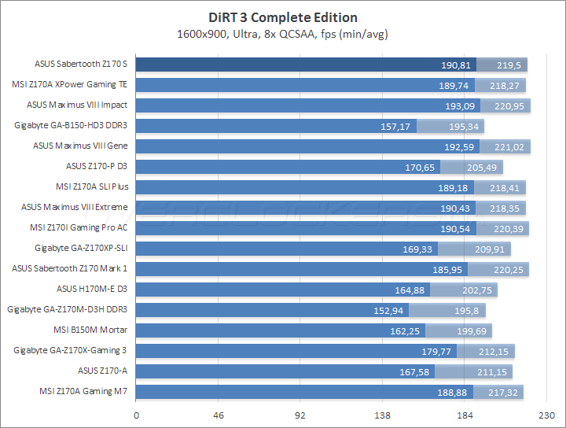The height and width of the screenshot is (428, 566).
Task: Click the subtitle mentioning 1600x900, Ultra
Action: (283, 34)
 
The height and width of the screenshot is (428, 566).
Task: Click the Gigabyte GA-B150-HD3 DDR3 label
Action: (71, 126)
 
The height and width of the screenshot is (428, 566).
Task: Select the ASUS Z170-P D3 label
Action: (97, 167)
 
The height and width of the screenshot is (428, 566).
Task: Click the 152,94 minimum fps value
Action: (388, 310)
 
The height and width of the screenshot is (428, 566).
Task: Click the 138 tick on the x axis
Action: (383, 415)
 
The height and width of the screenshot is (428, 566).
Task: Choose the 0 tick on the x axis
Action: (137, 415)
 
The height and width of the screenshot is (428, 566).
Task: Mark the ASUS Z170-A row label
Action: (102, 371)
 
